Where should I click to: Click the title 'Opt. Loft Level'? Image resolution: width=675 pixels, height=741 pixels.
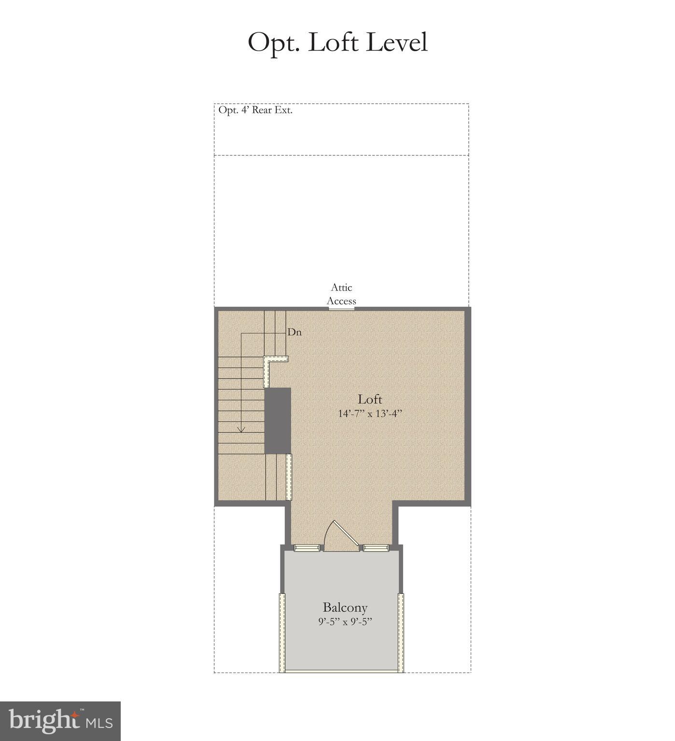(x=337, y=42)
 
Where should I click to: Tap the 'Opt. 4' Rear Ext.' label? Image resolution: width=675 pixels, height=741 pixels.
(x=255, y=110)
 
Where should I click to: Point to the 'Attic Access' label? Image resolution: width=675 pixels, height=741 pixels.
(x=341, y=294)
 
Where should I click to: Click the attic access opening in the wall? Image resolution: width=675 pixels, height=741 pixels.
(x=341, y=308)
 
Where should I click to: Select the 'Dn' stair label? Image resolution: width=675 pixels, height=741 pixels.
(x=295, y=332)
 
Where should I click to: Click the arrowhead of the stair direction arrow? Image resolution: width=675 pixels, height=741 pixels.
(x=241, y=429)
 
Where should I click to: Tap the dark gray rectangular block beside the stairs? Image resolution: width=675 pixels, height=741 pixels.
(x=278, y=420)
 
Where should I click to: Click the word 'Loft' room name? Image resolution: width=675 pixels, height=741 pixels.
(x=370, y=399)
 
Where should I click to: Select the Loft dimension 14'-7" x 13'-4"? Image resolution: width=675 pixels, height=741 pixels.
(x=370, y=414)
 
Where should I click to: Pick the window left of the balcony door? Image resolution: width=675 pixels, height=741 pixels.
(x=307, y=547)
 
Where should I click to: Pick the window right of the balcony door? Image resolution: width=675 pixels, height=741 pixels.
(x=376, y=547)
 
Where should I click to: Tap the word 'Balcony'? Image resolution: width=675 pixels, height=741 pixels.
(x=345, y=607)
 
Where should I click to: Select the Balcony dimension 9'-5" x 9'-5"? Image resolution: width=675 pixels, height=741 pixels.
(x=345, y=622)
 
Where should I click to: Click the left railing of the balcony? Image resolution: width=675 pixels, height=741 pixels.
(x=281, y=632)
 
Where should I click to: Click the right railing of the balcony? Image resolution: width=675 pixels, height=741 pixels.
(x=401, y=632)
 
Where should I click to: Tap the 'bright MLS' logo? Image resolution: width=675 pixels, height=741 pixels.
(x=60, y=721)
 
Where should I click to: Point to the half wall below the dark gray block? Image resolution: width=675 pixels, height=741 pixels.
(x=289, y=477)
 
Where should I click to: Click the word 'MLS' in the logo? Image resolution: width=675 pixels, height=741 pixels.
(x=99, y=723)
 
